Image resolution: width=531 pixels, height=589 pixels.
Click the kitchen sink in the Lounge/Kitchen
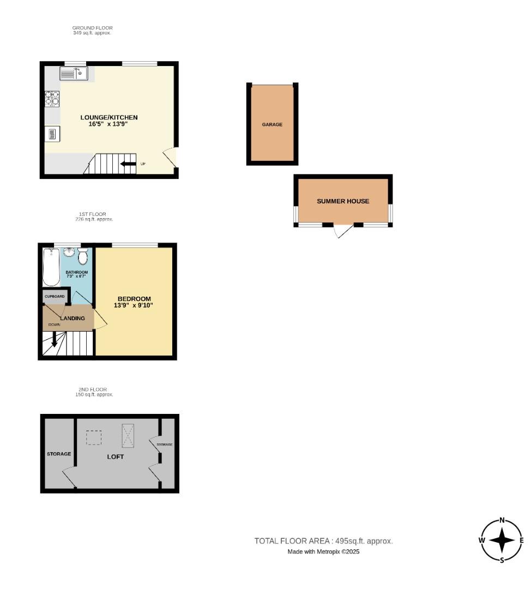(74, 73)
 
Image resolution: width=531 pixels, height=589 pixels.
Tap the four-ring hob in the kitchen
(52, 98)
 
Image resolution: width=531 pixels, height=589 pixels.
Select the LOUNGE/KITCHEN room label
(109, 117)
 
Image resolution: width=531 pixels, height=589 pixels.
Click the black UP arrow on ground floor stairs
(128, 164)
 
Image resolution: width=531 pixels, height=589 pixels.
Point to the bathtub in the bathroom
(51, 267)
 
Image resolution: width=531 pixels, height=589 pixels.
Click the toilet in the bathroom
(83, 256)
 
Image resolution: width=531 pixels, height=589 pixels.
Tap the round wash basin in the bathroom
(69, 253)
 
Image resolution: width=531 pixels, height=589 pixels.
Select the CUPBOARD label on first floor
(55, 297)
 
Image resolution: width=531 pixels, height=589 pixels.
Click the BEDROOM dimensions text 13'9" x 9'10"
(134, 305)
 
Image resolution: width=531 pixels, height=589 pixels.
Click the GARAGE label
(272, 124)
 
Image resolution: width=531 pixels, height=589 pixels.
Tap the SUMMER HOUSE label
(343, 201)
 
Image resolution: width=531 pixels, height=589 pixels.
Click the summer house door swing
(342, 231)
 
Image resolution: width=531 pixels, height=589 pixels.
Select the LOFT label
(115, 456)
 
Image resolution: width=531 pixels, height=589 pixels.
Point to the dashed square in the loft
(94, 437)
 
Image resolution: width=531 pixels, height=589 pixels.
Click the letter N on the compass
(502, 520)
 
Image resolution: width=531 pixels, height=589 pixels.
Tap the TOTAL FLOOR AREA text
(323, 541)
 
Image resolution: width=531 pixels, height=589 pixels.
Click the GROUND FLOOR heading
(93, 28)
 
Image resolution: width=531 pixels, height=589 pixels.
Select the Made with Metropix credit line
(323, 552)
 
